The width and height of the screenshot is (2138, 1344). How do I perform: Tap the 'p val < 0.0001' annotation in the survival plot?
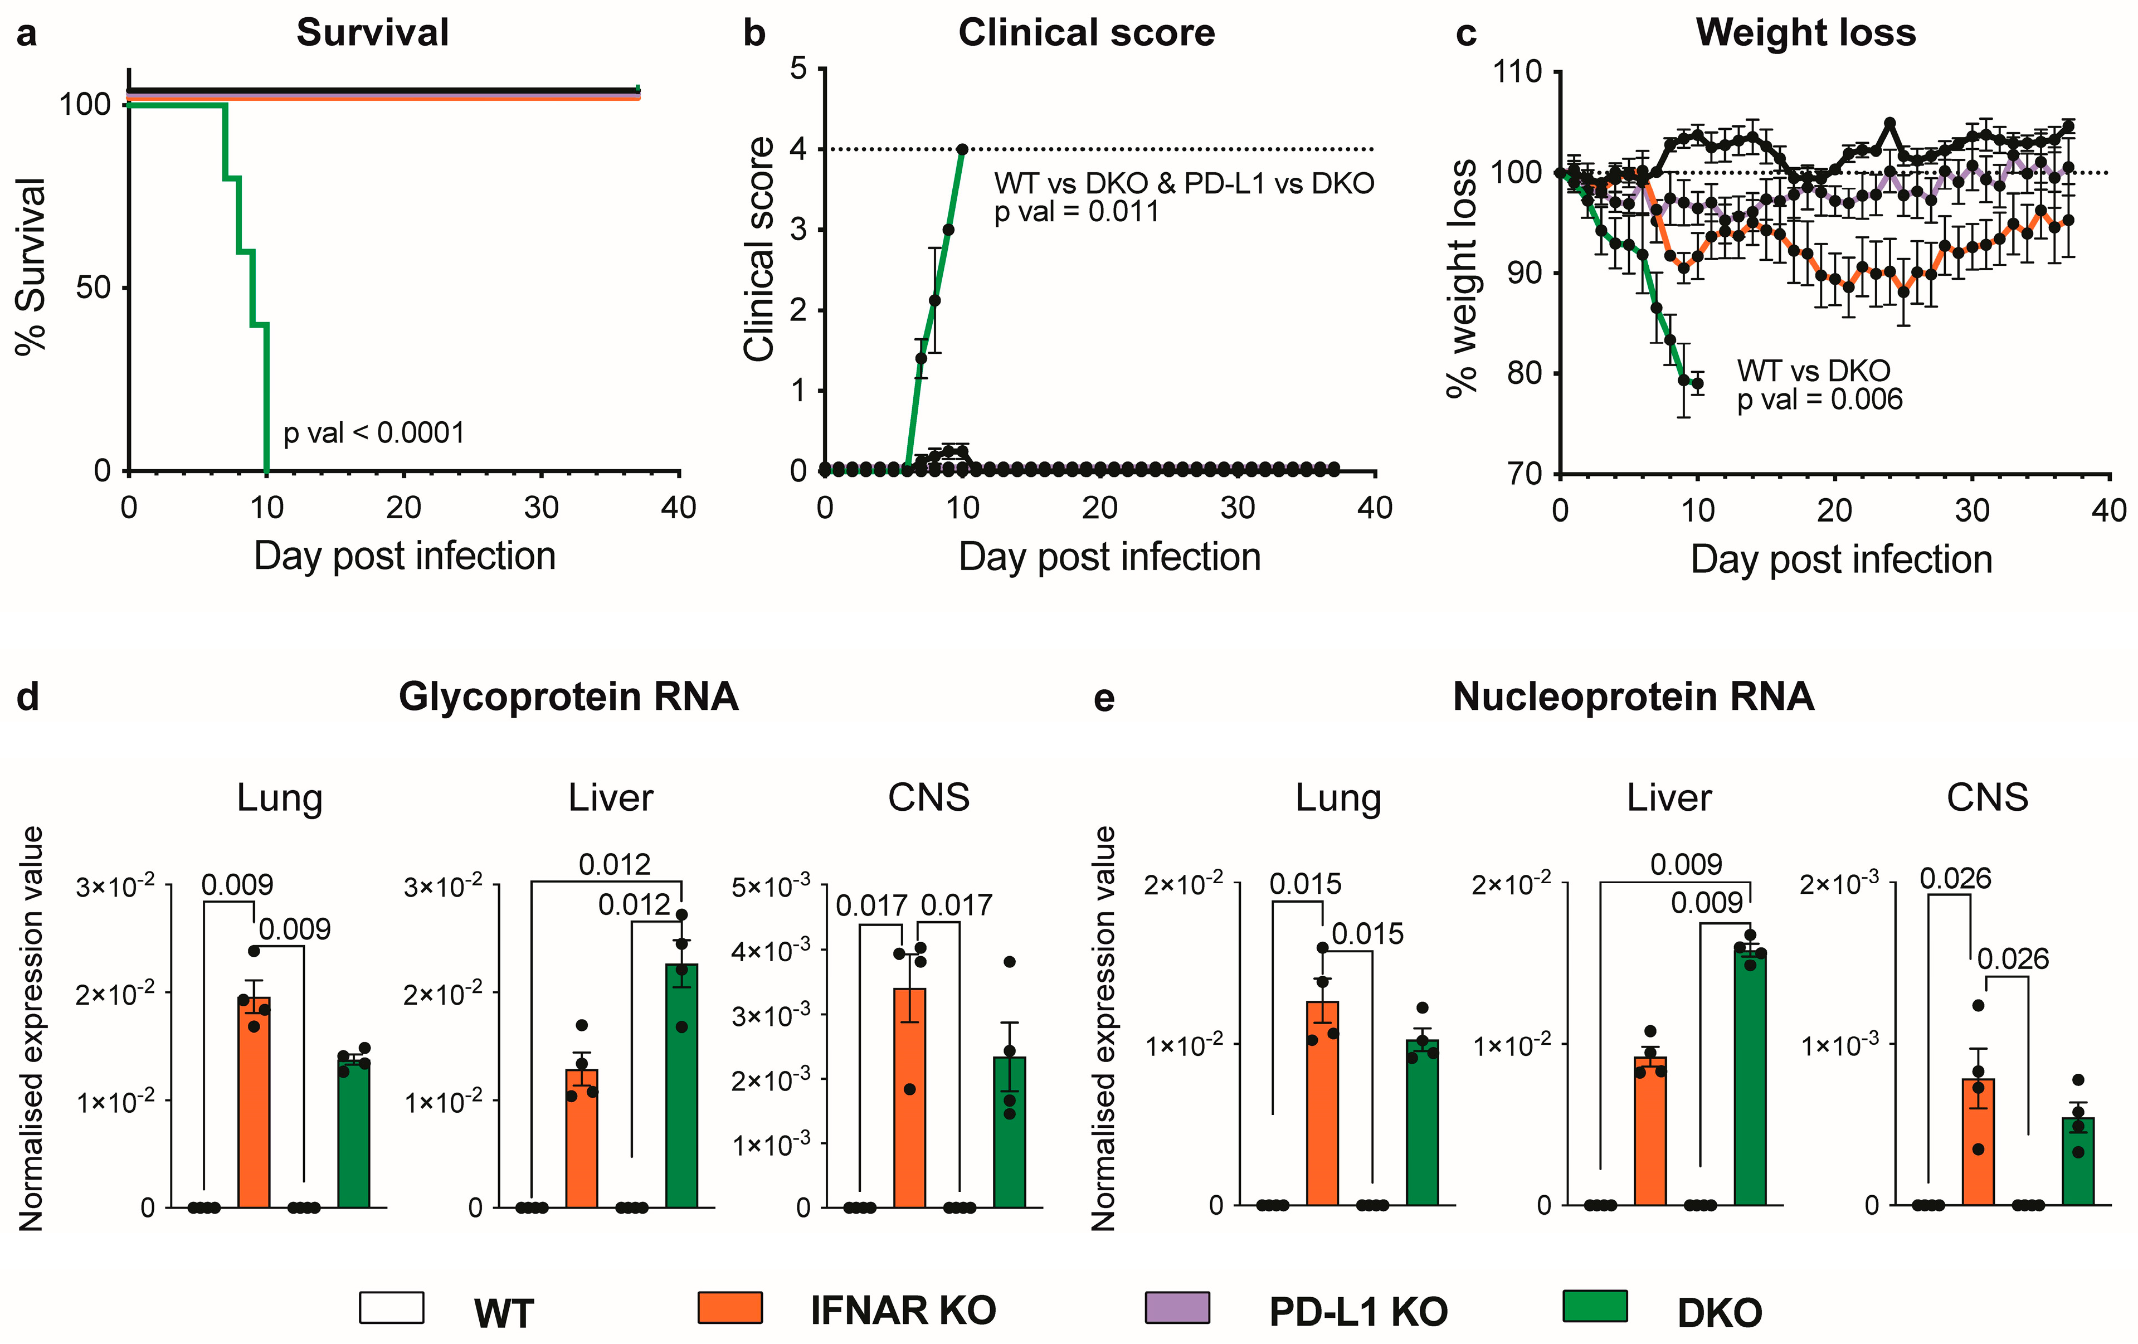pos(374,433)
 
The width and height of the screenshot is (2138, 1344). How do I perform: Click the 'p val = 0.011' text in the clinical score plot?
pos(1076,212)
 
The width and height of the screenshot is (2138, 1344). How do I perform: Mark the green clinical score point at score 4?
pos(962,149)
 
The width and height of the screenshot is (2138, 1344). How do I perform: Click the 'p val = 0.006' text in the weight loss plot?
pos(1819,400)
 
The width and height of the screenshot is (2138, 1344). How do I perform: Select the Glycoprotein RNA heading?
pos(568,697)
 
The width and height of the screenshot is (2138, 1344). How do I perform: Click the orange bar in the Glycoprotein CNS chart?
pos(909,1100)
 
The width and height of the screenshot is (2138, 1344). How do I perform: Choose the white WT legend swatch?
pos(392,1308)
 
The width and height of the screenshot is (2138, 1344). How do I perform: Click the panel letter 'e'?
pos(1104,699)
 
